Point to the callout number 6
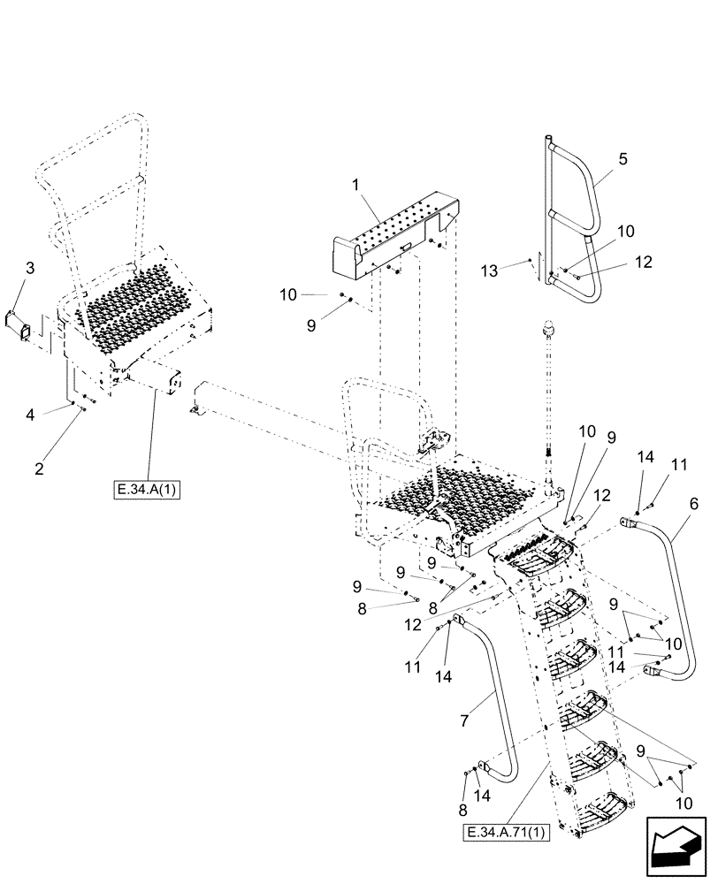(692, 505)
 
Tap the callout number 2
(40, 469)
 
